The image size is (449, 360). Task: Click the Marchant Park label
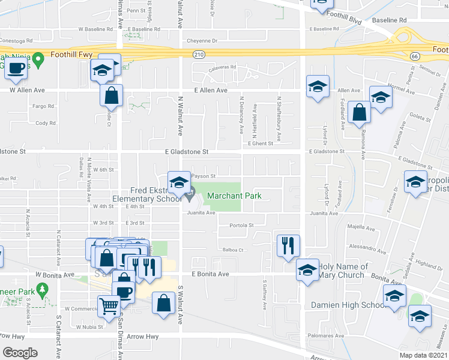tap(234, 196)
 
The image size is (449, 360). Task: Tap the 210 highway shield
tap(197, 55)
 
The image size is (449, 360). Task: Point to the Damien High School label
tap(348, 305)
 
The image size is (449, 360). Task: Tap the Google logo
tap(20, 353)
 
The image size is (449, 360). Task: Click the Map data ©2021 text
tap(424, 355)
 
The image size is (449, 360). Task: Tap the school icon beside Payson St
tap(178, 181)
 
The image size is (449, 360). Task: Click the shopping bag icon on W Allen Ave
tap(111, 94)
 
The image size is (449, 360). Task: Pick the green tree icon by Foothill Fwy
tap(40, 59)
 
